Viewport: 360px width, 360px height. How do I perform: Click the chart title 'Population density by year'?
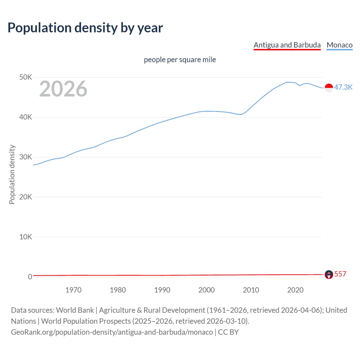point(85,28)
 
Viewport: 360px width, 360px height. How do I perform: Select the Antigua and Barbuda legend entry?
point(287,45)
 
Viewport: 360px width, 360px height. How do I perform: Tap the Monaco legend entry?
point(339,45)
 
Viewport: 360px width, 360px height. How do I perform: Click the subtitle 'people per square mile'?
point(180,60)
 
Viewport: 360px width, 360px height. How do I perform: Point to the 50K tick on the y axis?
point(26,77)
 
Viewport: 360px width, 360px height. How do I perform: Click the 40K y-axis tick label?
point(26,117)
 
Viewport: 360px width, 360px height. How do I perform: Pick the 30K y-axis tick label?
point(26,157)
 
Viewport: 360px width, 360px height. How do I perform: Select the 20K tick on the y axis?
point(26,197)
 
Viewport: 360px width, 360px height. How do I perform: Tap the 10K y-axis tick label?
point(26,237)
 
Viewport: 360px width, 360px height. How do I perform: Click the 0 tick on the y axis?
point(30,277)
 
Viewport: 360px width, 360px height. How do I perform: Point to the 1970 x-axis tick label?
point(73,290)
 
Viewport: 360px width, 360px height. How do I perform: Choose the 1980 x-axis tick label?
point(118,290)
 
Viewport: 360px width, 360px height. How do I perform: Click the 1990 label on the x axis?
point(162,290)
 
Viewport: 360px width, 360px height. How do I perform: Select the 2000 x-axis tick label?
point(206,290)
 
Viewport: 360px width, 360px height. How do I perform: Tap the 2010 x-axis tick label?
point(251,290)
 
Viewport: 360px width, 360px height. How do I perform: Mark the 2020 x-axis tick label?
point(295,290)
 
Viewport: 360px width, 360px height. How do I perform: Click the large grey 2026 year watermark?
point(63,89)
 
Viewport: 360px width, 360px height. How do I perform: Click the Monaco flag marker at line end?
point(329,88)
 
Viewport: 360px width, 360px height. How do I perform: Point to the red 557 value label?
point(340,274)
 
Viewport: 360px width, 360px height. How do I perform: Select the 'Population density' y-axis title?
point(12,174)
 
